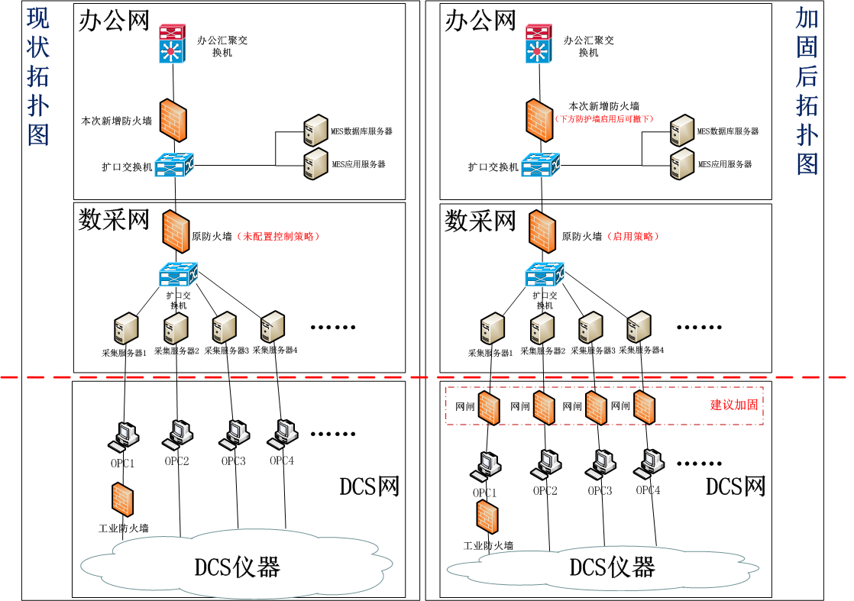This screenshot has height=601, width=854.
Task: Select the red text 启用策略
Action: coord(632,237)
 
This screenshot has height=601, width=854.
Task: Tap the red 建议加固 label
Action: coord(734,405)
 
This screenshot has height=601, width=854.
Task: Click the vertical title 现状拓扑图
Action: coord(38,76)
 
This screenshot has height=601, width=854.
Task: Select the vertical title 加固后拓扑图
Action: coord(807,92)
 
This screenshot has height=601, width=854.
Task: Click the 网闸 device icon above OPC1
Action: coord(488,407)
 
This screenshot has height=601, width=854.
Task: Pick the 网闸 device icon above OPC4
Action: coord(644,407)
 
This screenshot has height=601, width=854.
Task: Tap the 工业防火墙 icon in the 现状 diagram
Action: coord(121,500)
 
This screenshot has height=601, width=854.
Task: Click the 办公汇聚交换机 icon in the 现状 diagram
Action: coord(173,44)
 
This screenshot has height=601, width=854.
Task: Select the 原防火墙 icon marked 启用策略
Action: coord(542,230)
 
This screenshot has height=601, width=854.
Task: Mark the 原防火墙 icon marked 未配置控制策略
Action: coord(175,230)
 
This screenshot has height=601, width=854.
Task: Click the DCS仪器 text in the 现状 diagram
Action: coord(237,567)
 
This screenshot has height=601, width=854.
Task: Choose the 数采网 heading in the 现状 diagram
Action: coord(114,221)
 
